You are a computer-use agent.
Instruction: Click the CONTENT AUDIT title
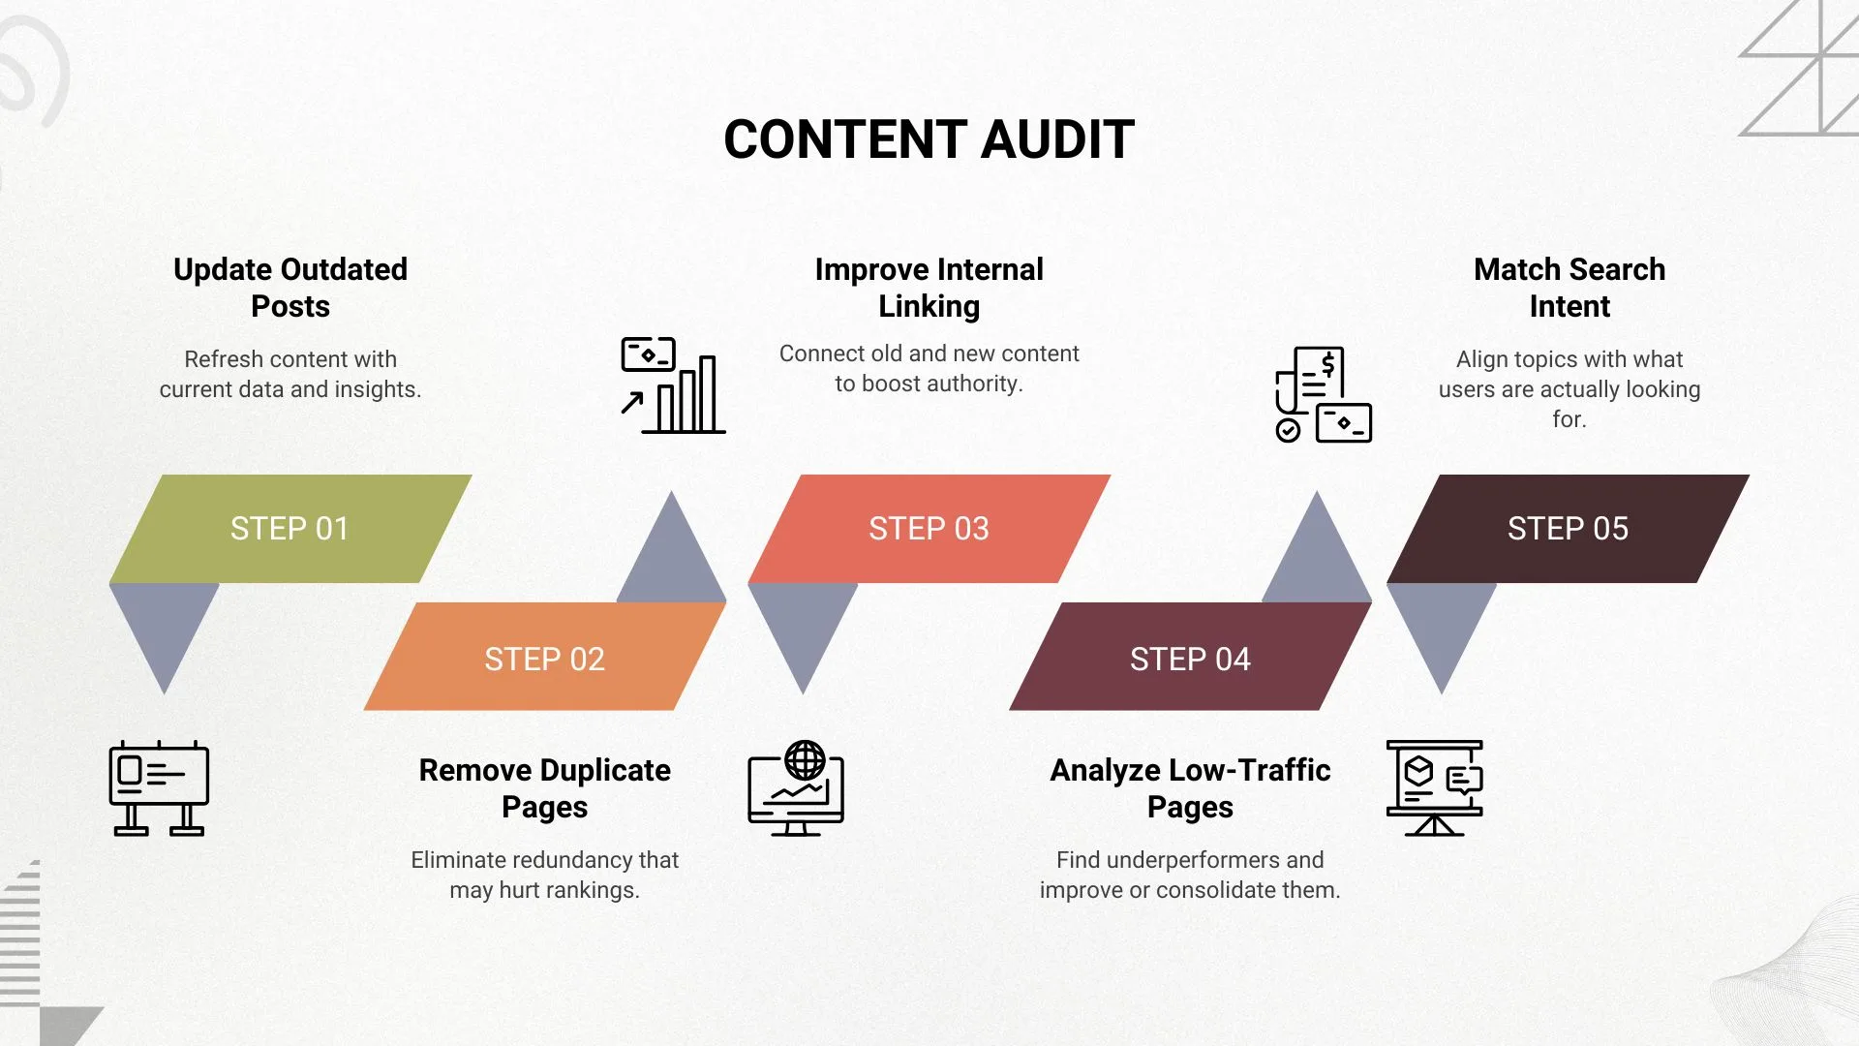(929, 139)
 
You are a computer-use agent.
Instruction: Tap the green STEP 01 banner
(290, 529)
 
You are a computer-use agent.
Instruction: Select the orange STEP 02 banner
(544, 659)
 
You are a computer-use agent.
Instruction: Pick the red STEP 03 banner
(929, 529)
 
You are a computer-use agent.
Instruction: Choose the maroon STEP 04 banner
(1190, 659)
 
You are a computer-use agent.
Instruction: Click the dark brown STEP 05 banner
(1568, 529)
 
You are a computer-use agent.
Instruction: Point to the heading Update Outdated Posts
(290, 288)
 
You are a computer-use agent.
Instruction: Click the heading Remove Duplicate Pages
(544, 788)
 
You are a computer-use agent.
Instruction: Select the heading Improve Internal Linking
(929, 288)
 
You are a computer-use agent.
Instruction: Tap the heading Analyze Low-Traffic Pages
(1190, 788)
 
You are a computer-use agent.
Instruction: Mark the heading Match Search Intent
(1569, 288)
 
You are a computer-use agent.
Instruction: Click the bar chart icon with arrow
(673, 385)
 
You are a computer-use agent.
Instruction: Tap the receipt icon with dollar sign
(1323, 395)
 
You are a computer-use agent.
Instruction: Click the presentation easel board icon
(1434, 787)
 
